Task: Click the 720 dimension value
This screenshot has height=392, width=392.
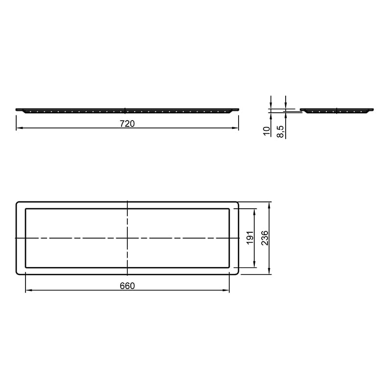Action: [x=127, y=123]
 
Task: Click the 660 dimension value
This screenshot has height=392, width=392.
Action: [x=127, y=286]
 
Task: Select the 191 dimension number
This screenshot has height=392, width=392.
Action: [x=250, y=238]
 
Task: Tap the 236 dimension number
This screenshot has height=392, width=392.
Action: [x=265, y=238]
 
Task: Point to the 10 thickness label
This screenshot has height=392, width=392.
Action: [x=267, y=131]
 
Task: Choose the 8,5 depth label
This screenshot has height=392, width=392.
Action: [x=281, y=131]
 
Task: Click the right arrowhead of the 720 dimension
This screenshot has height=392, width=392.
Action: [x=235, y=128]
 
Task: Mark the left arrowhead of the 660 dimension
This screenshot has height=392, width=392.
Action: [x=29, y=290]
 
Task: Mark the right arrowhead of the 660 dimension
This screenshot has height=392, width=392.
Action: [x=226, y=290]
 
